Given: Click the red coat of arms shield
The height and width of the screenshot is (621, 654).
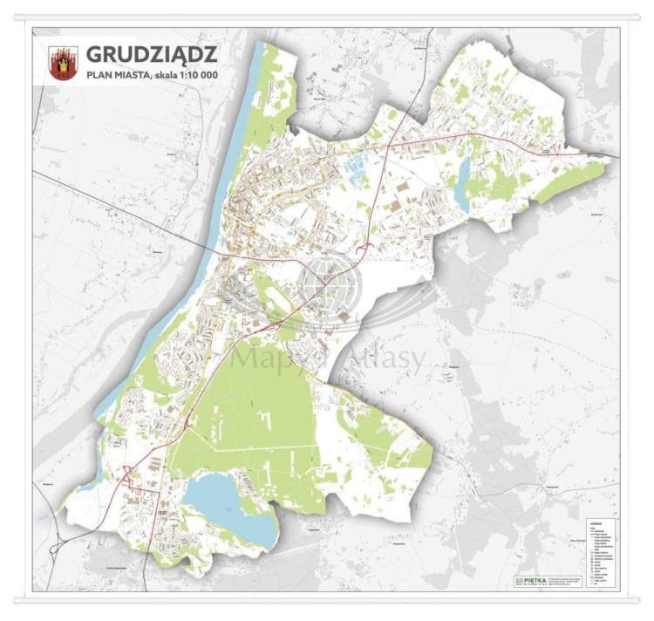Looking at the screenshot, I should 63,63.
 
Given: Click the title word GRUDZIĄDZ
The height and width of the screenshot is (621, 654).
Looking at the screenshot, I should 153,55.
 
